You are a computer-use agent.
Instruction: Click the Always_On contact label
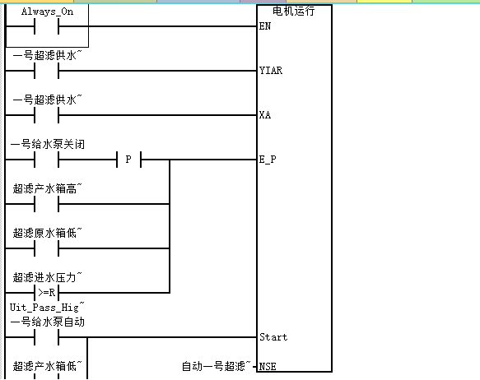click(48, 12)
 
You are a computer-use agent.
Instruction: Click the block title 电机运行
click(294, 11)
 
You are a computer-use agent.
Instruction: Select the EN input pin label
click(265, 26)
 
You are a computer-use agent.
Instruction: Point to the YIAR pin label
click(271, 71)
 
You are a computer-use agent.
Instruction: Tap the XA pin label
click(265, 115)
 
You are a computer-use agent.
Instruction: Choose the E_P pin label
click(268, 160)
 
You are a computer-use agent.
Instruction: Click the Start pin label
click(273, 337)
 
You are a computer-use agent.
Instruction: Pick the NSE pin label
click(268, 366)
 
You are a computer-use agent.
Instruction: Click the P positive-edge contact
click(129, 160)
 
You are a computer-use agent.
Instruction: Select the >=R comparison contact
click(47, 293)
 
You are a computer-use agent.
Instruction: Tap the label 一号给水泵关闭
click(48, 144)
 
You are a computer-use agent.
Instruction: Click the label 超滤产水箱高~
click(48, 188)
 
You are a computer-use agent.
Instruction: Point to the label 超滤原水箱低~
click(48, 233)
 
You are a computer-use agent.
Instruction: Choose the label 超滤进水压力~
click(48, 277)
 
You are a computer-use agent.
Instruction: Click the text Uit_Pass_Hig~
click(47, 308)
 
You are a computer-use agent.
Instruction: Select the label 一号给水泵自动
click(48, 322)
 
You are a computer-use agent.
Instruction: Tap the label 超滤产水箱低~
click(48, 366)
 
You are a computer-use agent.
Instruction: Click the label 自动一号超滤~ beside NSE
click(216, 366)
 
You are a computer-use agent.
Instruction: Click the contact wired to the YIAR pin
click(47, 71)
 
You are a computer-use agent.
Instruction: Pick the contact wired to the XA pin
click(47, 115)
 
